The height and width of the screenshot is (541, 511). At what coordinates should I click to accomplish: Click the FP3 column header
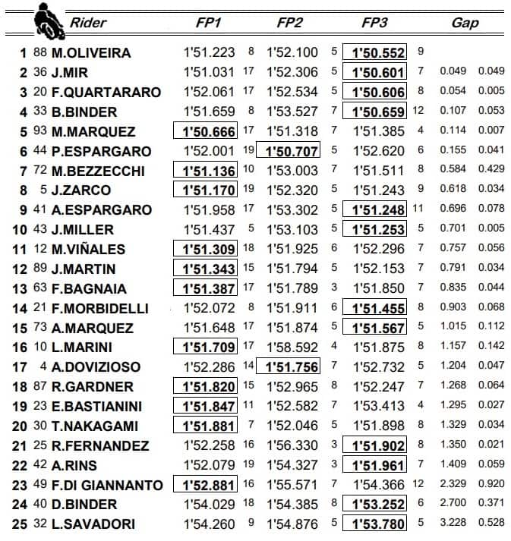click(374, 23)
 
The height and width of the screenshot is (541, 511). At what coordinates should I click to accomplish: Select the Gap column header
click(465, 23)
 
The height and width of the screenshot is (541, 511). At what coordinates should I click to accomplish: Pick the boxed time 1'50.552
click(374, 53)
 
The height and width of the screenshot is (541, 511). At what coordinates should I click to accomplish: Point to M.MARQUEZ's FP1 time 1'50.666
click(207, 131)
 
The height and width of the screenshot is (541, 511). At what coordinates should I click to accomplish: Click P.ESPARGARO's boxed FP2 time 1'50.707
click(289, 151)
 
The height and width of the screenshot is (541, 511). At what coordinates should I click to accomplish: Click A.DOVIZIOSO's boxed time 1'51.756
click(289, 366)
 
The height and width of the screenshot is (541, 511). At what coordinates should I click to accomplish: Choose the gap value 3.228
click(453, 524)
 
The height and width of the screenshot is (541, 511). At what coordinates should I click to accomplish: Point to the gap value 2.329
click(453, 484)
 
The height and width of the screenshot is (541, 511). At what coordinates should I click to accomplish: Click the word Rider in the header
click(87, 23)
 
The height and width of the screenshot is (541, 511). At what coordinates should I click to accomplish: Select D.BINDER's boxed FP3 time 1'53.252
click(374, 504)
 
